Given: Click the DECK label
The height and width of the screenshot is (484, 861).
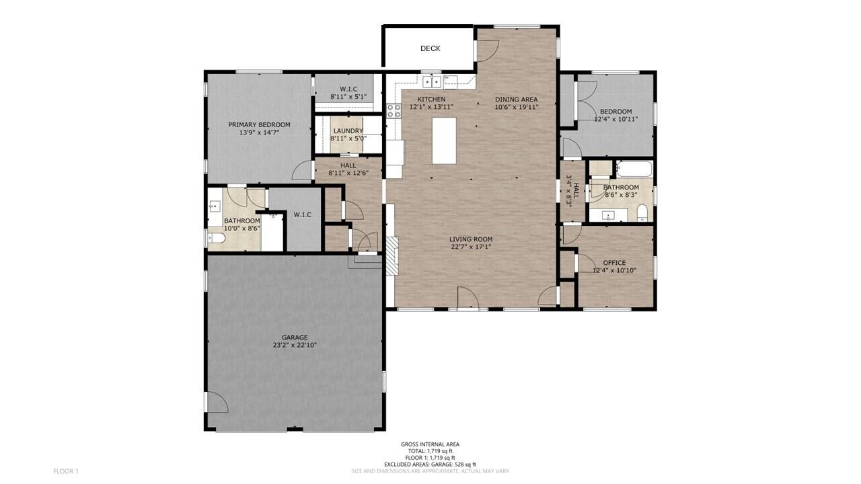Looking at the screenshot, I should pos(430,48).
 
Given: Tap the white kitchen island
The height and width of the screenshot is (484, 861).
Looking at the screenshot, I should pos(444,140).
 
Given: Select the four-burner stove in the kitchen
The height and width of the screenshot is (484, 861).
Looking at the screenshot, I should pos(394,111).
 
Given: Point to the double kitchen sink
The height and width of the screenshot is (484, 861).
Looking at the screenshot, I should pos(431,82).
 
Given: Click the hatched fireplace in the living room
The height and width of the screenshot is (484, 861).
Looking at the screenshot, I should pos(391,255).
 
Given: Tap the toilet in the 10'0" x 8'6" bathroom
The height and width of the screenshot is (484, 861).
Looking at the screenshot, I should pos(216,238).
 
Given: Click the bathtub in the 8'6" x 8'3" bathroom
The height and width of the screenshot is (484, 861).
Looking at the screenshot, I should pos(634,168).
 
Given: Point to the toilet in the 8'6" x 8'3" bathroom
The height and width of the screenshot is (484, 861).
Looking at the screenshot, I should pos(641,214).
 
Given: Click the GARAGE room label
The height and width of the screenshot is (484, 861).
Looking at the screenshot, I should pos(295,337).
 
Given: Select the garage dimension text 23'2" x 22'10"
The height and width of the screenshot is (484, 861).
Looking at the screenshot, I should pos(295,346).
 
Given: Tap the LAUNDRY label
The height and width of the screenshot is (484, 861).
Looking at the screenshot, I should pos(348,130).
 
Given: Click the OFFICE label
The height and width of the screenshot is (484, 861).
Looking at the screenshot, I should pos(614,263).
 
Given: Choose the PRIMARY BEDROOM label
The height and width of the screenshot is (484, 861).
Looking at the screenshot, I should pos(259,124).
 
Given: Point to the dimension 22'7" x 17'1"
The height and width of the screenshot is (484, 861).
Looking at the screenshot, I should pos(471,247).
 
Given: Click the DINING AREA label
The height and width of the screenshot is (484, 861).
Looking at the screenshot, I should pos(516,99).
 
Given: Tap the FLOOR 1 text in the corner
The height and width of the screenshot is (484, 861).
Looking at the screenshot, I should pos(66,471).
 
